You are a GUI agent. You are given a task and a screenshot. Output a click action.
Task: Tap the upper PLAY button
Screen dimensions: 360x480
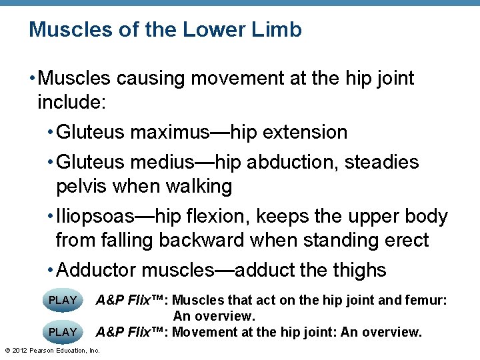(63, 300)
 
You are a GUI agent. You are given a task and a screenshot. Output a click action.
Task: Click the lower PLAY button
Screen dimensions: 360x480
(63, 331)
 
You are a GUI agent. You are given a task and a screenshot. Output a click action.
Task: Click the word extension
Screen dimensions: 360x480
(305, 132)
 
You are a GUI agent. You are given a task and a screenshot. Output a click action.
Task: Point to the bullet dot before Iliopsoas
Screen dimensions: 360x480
(51, 217)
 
